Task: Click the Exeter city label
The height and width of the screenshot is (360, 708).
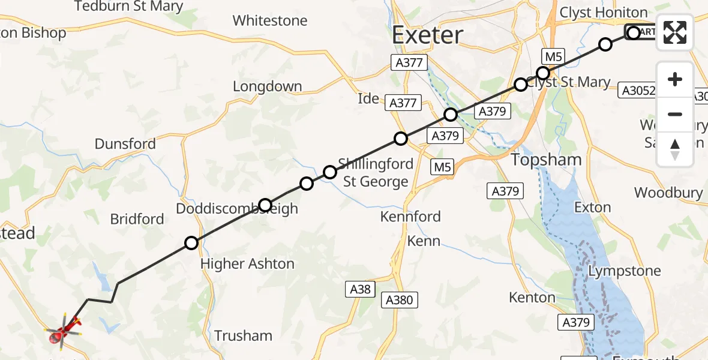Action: pyautogui.click(x=428, y=35)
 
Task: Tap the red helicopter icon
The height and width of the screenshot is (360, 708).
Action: pyautogui.click(x=63, y=331)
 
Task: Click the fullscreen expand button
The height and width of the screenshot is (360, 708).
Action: pyautogui.click(x=675, y=32)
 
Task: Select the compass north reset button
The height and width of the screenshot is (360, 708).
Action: pyautogui.click(x=675, y=149)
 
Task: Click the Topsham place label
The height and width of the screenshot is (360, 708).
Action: pyautogui.click(x=546, y=160)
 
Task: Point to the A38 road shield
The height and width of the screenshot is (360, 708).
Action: pyautogui.click(x=361, y=290)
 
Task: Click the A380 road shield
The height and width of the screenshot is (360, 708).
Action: pyautogui.click(x=400, y=299)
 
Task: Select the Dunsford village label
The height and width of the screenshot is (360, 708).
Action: pyautogui.click(x=125, y=144)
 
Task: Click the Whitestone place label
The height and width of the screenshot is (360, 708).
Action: pyautogui.click(x=270, y=20)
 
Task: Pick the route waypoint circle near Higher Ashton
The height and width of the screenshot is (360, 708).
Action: pyautogui.click(x=191, y=243)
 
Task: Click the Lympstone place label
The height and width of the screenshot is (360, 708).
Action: pyautogui.click(x=625, y=271)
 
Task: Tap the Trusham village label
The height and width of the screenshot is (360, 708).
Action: pyautogui.click(x=243, y=335)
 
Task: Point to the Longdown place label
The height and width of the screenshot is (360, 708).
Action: pyautogui.click(x=267, y=86)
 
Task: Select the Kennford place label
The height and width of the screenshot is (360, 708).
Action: pyautogui.click(x=410, y=217)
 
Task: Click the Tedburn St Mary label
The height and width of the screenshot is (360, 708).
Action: pyautogui.click(x=128, y=7)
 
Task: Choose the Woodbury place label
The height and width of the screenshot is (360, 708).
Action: pyautogui.click(x=668, y=193)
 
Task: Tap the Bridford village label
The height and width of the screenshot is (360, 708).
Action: pyautogui.click(x=137, y=219)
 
